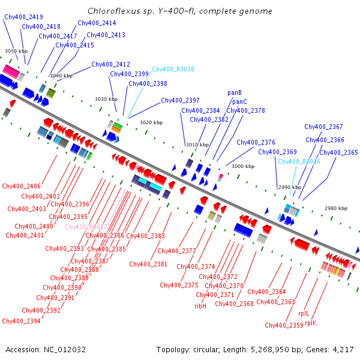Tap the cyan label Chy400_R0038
click(x=173, y=70)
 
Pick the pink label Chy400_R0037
click(x=86, y=227)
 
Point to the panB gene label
click(x=235, y=93)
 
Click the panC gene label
click(x=240, y=101)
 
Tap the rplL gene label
click(x=304, y=313)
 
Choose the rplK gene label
click(x=311, y=323)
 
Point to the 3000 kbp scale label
click(x=243, y=166)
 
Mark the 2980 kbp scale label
click(x=336, y=208)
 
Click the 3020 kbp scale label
click(x=151, y=122)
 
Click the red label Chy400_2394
click(x=21, y=321)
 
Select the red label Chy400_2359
click(x=284, y=325)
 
